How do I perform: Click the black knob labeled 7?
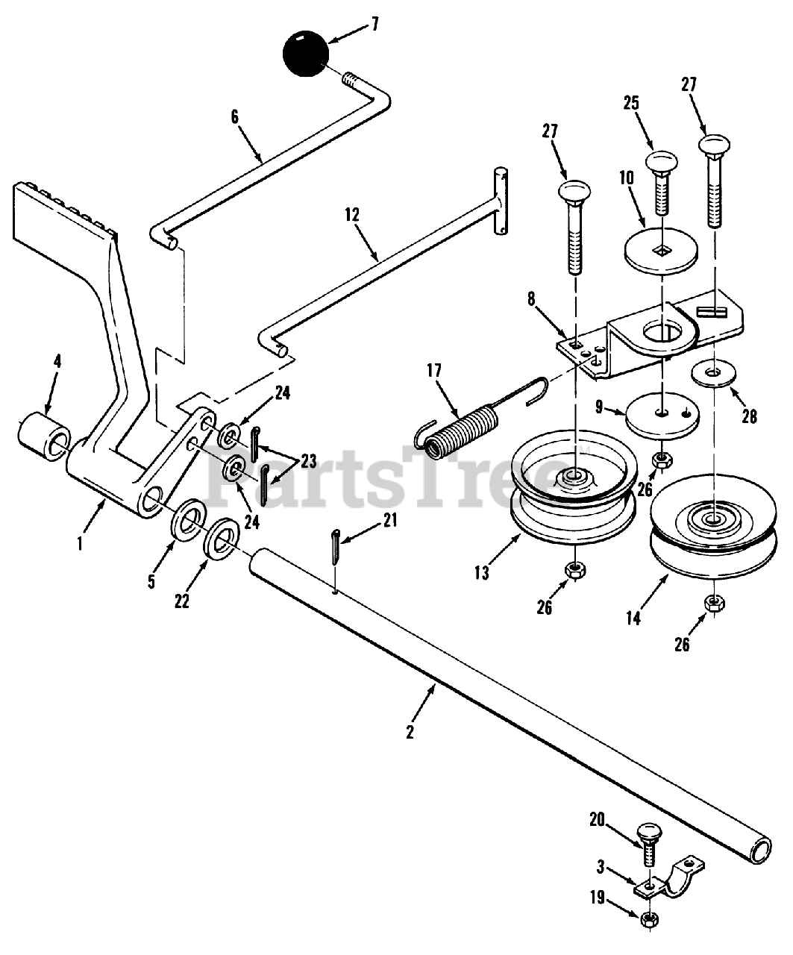(x=306, y=53)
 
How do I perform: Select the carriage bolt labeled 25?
(x=659, y=184)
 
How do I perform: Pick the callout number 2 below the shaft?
(x=410, y=731)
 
